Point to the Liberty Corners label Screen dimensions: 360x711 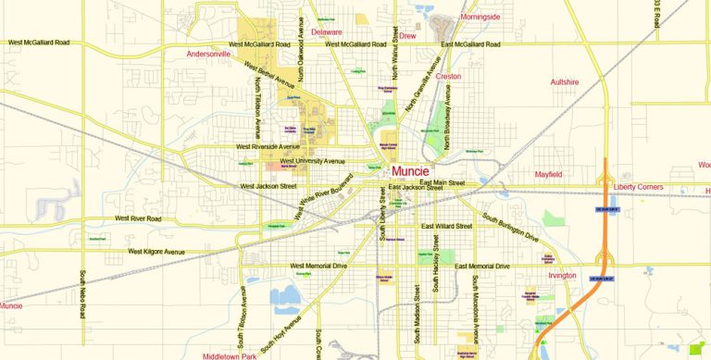(638, 188)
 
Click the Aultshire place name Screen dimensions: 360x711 (564, 81)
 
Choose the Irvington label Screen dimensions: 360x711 (562, 275)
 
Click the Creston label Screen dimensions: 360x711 (449, 77)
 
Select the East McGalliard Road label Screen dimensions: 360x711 (470, 44)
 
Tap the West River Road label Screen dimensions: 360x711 (138, 219)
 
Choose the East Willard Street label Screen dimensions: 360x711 (447, 226)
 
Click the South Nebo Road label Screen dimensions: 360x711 (81, 294)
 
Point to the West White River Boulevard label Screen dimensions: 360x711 (324, 196)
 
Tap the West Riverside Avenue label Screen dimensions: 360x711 (268, 146)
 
